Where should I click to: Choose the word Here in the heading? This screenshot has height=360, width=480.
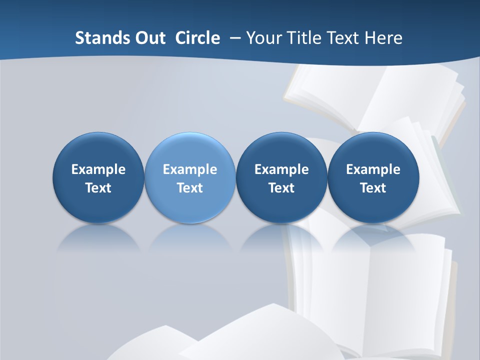click(x=382, y=38)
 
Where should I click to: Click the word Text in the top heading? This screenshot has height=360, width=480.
click(x=342, y=38)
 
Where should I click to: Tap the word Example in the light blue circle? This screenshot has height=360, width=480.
click(x=190, y=169)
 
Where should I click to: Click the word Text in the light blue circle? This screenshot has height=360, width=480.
click(x=190, y=188)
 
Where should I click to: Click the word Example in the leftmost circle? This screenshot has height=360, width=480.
click(x=98, y=169)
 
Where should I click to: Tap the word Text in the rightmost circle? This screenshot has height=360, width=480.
click(x=373, y=188)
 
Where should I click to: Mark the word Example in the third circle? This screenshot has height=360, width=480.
click(x=281, y=169)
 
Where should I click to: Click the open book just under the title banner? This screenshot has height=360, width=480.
click(x=375, y=97)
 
